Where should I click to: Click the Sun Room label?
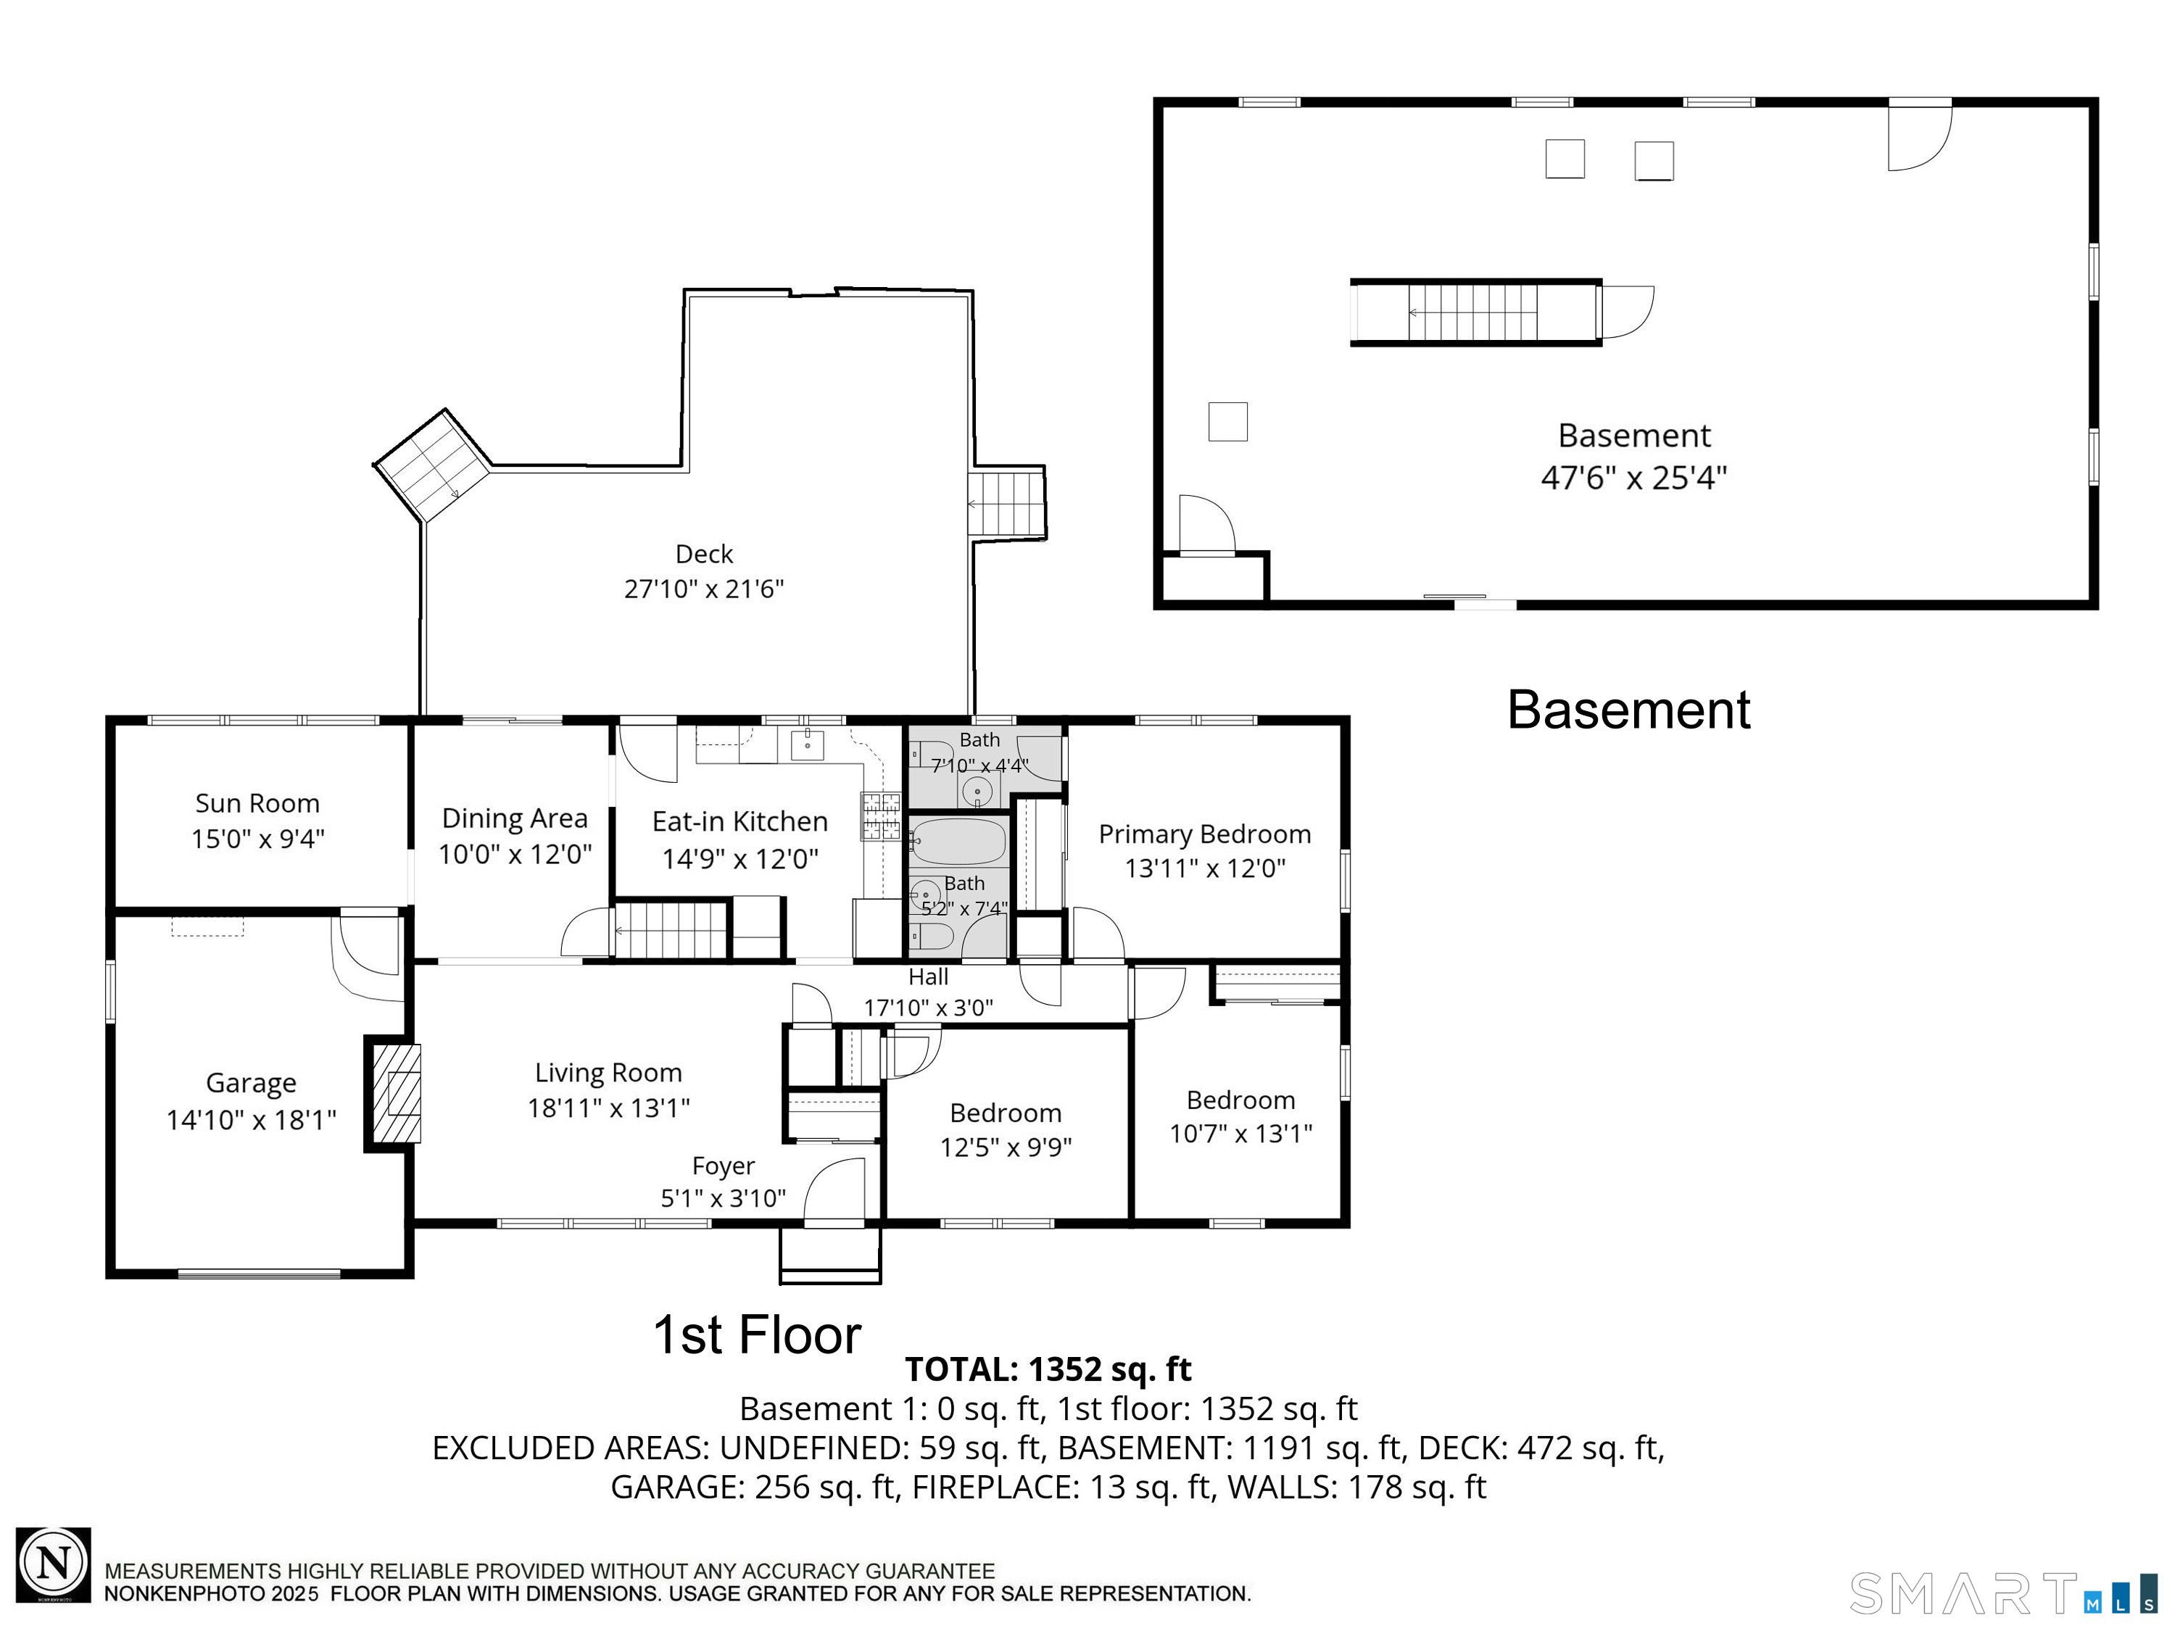[x=257, y=803]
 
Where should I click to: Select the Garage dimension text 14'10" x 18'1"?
[x=252, y=1120]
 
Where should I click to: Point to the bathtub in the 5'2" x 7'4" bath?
[x=958, y=842]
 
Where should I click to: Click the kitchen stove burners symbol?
[x=880, y=817]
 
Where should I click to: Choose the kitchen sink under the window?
[x=807, y=744]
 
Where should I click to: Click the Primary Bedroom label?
[x=1204, y=834]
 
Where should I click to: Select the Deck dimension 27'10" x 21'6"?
[x=704, y=589]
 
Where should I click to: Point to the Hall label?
[x=928, y=976]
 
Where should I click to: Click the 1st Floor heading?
[x=757, y=1335]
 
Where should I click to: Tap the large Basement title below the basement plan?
[x=1628, y=710]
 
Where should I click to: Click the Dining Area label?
[x=514, y=818]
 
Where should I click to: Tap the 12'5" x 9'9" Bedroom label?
[x=1006, y=1113]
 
